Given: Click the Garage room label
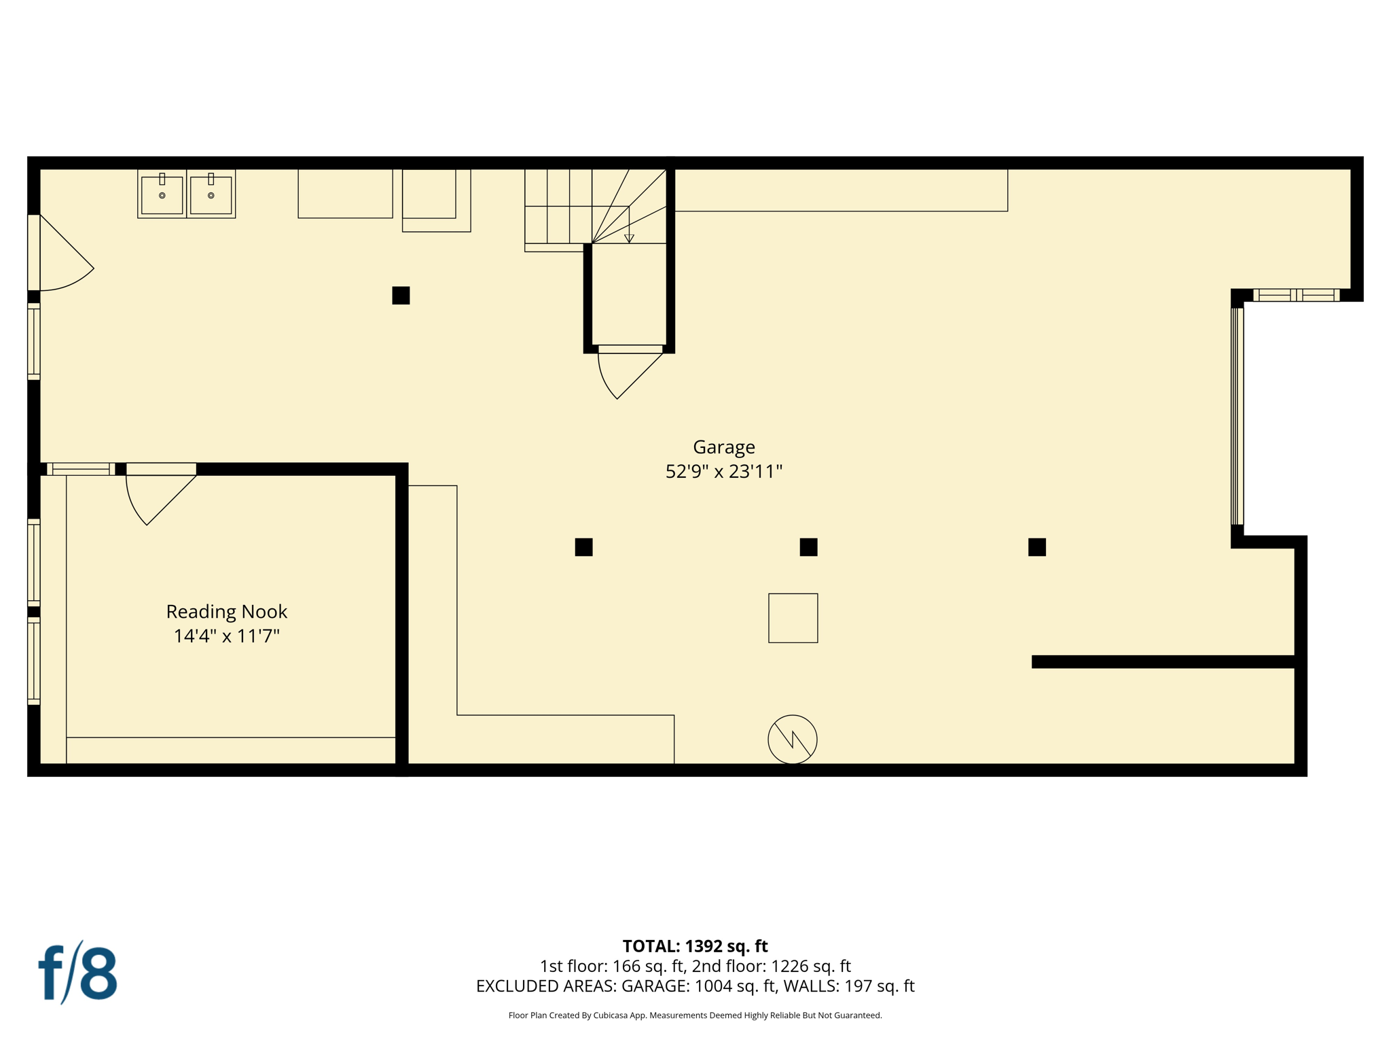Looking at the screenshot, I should click(723, 447).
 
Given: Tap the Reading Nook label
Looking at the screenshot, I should click(226, 612).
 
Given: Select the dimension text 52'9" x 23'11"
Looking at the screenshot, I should click(723, 472).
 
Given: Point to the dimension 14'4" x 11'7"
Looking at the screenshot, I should click(226, 636).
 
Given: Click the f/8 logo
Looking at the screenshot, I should click(77, 973).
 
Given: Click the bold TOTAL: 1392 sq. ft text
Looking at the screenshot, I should click(695, 946).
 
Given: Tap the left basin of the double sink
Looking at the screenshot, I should click(162, 194).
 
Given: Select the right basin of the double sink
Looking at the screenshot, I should click(211, 194).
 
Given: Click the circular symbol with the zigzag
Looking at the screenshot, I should click(792, 739).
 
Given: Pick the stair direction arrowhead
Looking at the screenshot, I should click(629, 239).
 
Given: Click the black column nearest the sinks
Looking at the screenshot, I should click(401, 296).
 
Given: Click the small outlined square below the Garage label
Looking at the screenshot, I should click(793, 618).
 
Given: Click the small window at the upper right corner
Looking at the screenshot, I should click(1296, 295).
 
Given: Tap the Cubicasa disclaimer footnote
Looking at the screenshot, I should click(695, 1015).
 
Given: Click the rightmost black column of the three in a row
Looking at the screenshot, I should click(1036, 547).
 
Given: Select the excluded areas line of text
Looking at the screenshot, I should click(695, 986).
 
